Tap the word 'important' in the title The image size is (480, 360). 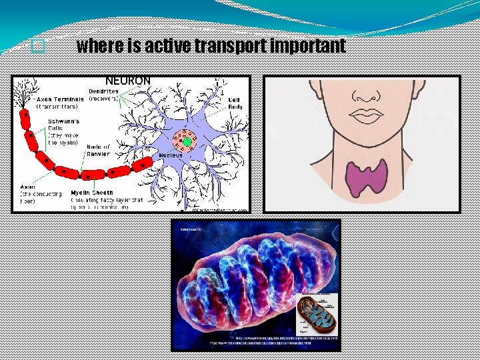(x=313, y=46)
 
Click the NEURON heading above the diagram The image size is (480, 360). (x=128, y=81)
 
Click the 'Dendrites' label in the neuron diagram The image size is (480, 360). (x=103, y=91)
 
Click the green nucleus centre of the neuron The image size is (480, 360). (x=187, y=141)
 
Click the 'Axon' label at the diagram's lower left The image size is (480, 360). (x=28, y=187)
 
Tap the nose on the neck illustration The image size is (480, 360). (x=365, y=94)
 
